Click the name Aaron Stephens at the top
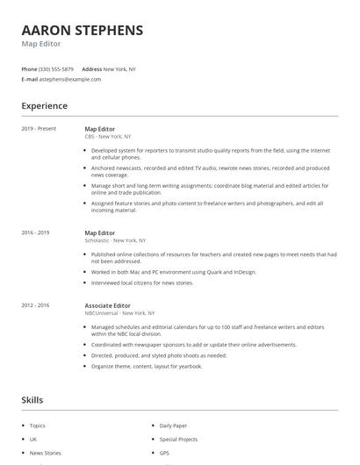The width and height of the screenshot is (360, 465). pos(82,31)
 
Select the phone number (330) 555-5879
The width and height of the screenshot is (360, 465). pos(57,68)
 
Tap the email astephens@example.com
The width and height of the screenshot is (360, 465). pos(70,79)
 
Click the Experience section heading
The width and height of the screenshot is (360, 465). pos(44,106)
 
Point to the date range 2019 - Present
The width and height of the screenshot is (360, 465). pos(39,129)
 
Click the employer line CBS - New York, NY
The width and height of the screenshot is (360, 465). pos(107,137)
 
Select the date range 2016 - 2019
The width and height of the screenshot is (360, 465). pos(35,232)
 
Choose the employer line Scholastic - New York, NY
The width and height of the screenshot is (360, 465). pos(115,240)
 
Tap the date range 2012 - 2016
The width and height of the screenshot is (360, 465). pos(35,304)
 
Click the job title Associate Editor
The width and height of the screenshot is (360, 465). pos(107,304)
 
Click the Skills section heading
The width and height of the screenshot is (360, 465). pos(32,400)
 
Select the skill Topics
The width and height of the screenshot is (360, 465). pos(39,426)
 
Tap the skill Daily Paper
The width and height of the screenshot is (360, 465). pos(173,426)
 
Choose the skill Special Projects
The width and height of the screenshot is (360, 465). pos(178,439)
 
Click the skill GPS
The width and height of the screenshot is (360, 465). pos(165,453)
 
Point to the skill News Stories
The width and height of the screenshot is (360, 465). pos(46,453)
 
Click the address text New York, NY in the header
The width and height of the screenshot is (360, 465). pos(119,68)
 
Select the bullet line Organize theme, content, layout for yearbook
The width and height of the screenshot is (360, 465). pos(147,366)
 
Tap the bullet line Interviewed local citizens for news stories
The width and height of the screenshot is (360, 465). pos(142,283)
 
